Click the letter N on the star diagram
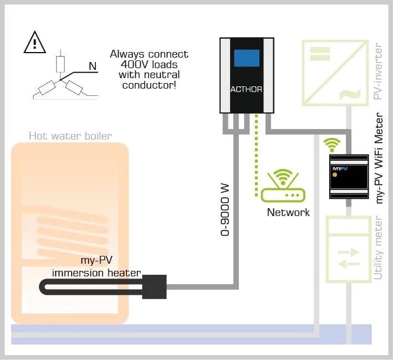(x=93, y=67)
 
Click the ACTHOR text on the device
(x=247, y=89)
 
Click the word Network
(x=288, y=212)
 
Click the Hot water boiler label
(x=70, y=136)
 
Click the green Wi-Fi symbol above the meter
(x=332, y=145)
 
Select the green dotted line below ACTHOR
(x=257, y=155)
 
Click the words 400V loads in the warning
(x=149, y=64)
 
